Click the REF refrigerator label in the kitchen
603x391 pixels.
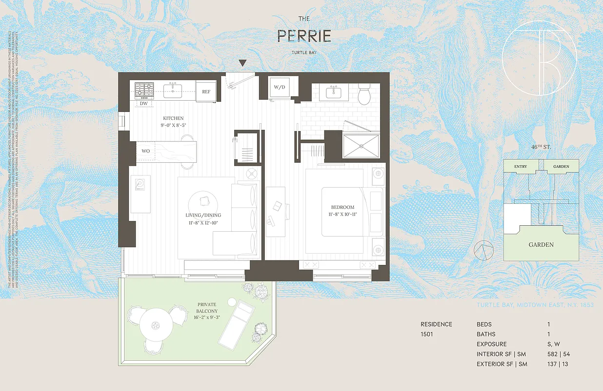coord(206,91)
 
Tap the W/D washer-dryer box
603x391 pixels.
coord(280,88)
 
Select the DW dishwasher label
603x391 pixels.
coord(143,104)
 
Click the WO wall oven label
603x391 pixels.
coord(145,151)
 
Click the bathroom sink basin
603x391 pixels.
coord(334,91)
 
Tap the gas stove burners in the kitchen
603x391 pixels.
coord(144,90)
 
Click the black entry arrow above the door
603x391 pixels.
coord(242,63)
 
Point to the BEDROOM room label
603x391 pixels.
coord(342,207)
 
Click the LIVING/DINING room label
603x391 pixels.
coord(203,215)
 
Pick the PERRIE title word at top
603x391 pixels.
coord(304,36)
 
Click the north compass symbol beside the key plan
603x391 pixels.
coord(482,250)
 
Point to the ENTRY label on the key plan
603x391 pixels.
coord(521,167)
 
